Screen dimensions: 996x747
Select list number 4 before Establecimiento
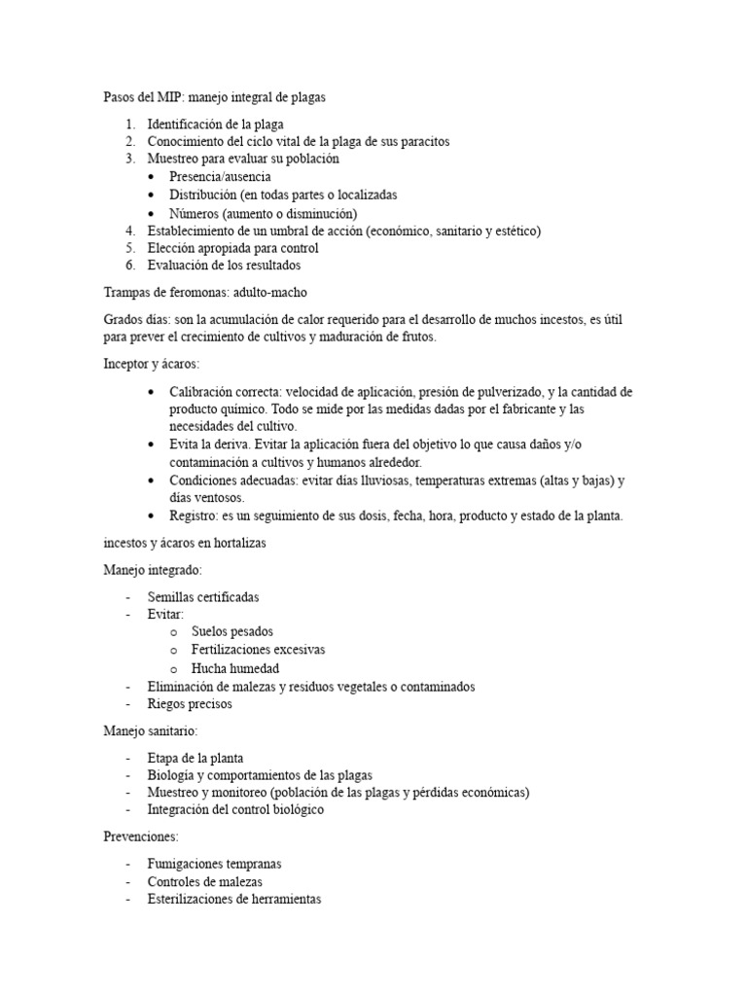(130, 231)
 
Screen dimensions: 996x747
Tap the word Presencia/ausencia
(219, 177)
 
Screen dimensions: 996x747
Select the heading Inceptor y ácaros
(151, 363)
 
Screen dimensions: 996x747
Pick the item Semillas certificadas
(203, 597)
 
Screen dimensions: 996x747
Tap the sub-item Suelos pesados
(232, 632)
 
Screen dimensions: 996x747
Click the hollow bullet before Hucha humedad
(172, 669)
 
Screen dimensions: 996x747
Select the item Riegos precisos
(190, 704)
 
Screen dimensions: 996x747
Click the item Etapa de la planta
(196, 758)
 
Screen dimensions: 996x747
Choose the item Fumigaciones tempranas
(214, 864)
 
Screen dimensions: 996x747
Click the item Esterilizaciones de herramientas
(233, 900)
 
